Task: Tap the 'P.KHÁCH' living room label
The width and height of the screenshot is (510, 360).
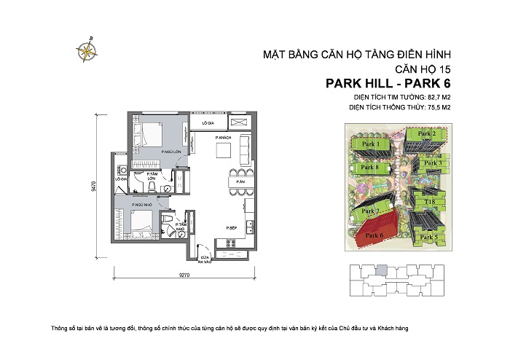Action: [x=222, y=138]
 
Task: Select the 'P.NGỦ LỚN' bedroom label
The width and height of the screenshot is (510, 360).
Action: [x=172, y=152]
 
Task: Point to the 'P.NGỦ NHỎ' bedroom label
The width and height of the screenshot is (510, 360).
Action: [x=141, y=206]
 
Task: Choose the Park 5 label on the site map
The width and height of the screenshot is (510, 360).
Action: [x=430, y=237]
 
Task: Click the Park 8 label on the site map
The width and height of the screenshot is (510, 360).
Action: [x=372, y=168]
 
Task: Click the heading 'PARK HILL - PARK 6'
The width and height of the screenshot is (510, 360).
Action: [x=385, y=83]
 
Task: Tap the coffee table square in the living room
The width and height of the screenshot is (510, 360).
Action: [x=224, y=151]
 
